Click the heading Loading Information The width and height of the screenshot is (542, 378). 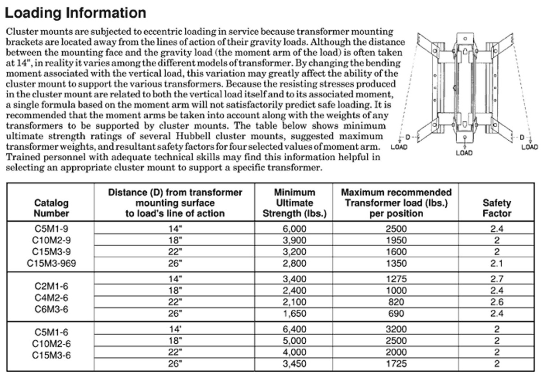point(75,13)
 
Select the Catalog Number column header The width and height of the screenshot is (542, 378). point(51,208)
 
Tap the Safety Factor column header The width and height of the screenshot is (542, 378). point(497,208)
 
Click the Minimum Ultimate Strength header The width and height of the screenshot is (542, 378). point(294,203)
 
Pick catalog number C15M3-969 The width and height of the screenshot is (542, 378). point(51,263)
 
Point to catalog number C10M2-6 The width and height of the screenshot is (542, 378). point(51,344)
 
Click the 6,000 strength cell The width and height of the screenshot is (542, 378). point(294,229)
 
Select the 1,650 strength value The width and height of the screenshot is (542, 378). point(294,313)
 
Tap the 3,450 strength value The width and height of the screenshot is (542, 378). point(294,364)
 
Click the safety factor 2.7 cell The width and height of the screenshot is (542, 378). point(497,279)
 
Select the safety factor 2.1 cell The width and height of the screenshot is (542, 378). point(497,263)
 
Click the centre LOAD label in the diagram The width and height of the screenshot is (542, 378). point(464,153)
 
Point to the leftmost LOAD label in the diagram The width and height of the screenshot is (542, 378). point(399,147)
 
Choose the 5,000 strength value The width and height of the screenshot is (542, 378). point(294,341)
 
